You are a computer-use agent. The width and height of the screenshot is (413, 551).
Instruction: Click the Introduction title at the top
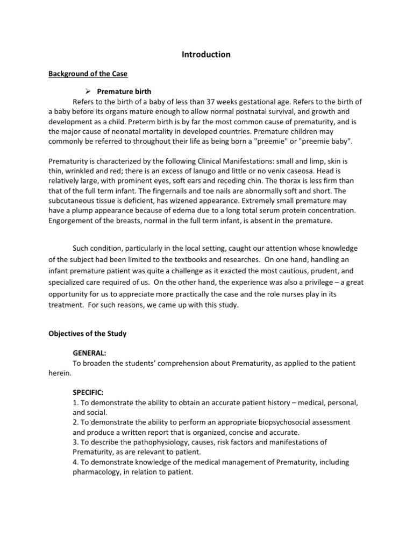click(206, 54)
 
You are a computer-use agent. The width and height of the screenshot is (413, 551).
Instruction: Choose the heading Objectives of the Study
click(87, 334)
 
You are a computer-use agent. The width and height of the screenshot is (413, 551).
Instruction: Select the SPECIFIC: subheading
click(88, 392)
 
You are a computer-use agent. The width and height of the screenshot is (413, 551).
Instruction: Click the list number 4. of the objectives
click(75, 462)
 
